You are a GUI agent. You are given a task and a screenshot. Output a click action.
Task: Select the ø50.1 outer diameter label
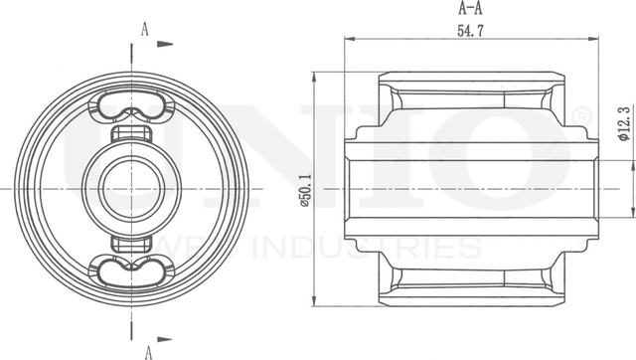point(305,188)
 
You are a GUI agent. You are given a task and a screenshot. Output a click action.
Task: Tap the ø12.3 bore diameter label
point(623,126)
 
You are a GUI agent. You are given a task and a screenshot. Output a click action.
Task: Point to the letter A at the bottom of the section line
point(146,350)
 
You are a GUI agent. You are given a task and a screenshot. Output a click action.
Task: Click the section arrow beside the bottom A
point(165,334)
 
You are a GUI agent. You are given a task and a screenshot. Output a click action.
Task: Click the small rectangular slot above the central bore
point(131,134)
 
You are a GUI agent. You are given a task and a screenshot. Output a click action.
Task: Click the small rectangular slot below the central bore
point(131,242)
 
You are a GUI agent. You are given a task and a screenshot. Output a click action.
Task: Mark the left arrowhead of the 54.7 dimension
point(348,40)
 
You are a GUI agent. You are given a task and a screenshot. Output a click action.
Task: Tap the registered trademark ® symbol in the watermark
point(582,116)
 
